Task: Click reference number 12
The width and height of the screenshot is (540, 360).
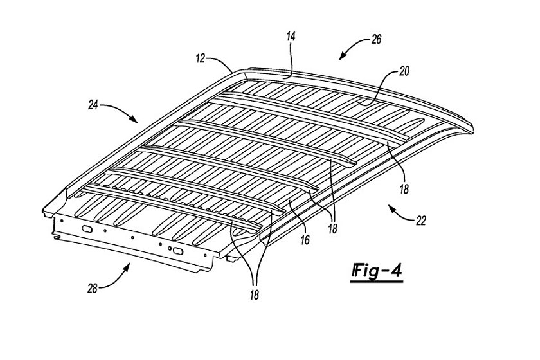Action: tap(201, 59)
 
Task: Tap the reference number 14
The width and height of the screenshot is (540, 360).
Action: tap(291, 37)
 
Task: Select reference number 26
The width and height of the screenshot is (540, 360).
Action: tap(377, 40)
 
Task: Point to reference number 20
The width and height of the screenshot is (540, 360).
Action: tap(404, 71)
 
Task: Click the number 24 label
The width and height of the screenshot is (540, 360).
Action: tap(93, 105)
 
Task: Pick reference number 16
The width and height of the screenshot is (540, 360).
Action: tap(305, 240)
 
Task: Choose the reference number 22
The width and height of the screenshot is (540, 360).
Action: tap(421, 221)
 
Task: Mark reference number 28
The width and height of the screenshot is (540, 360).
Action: tap(93, 289)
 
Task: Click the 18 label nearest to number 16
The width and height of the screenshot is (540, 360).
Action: tap(332, 229)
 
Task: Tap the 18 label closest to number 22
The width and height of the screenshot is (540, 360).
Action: tap(404, 188)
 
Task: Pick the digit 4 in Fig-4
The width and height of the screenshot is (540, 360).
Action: tap(397, 271)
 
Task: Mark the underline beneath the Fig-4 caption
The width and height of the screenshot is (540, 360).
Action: tap(377, 282)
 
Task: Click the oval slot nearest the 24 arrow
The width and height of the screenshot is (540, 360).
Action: tap(87, 228)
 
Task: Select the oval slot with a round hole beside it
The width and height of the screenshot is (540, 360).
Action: tap(177, 251)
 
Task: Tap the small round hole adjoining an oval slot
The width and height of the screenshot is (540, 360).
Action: tap(170, 248)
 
